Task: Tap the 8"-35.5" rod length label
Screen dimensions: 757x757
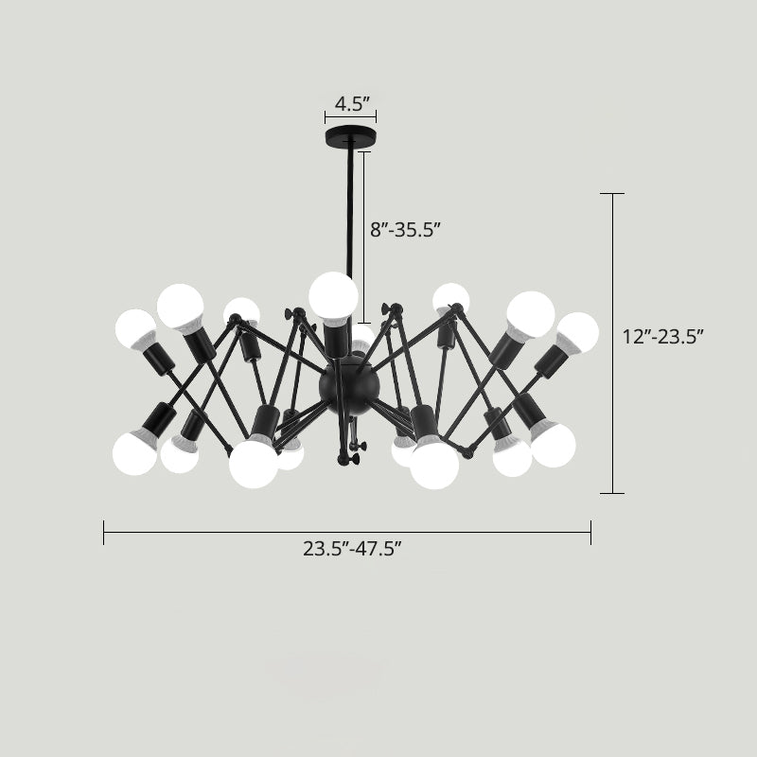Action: point(405,228)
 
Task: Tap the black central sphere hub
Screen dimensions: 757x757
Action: point(349,382)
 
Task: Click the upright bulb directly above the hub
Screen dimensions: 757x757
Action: point(333,295)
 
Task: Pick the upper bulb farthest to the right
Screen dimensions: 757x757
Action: point(577,332)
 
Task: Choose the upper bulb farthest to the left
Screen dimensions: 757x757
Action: point(135,327)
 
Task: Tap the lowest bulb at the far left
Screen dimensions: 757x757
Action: point(134,451)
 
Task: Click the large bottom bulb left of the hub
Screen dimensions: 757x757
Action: point(255,463)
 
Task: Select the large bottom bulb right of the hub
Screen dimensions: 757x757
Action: point(434,465)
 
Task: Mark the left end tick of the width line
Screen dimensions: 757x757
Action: point(104,533)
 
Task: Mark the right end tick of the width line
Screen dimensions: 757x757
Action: point(590,533)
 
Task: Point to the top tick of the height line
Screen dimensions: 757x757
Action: point(612,194)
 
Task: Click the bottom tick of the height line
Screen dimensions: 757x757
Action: point(612,493)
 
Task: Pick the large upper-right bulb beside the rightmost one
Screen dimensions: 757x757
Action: point(530,313)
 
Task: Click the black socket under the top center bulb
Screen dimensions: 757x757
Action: point(333,337)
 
